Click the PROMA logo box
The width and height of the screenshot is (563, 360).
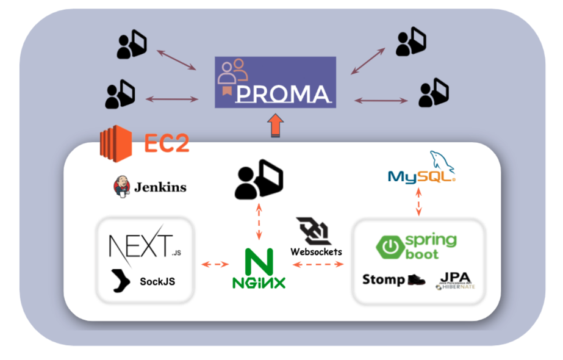point(275,82)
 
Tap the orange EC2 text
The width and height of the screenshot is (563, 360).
point(167,143)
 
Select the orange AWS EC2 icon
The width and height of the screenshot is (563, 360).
point(116,142)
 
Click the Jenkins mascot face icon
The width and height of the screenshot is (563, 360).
point(121,187)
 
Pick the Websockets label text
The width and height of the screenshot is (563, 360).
point(316,251)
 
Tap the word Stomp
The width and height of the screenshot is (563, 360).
point(384,279)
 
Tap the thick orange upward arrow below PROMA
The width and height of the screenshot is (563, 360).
point(276,126)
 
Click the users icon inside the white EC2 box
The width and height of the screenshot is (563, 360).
point(259,179)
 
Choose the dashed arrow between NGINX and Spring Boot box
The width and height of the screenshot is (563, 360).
point(318,264)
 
